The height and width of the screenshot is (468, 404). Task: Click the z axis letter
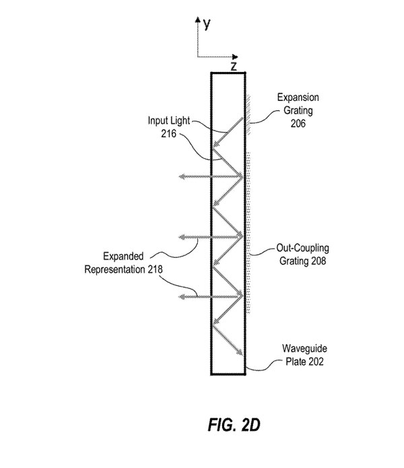(233, 66)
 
